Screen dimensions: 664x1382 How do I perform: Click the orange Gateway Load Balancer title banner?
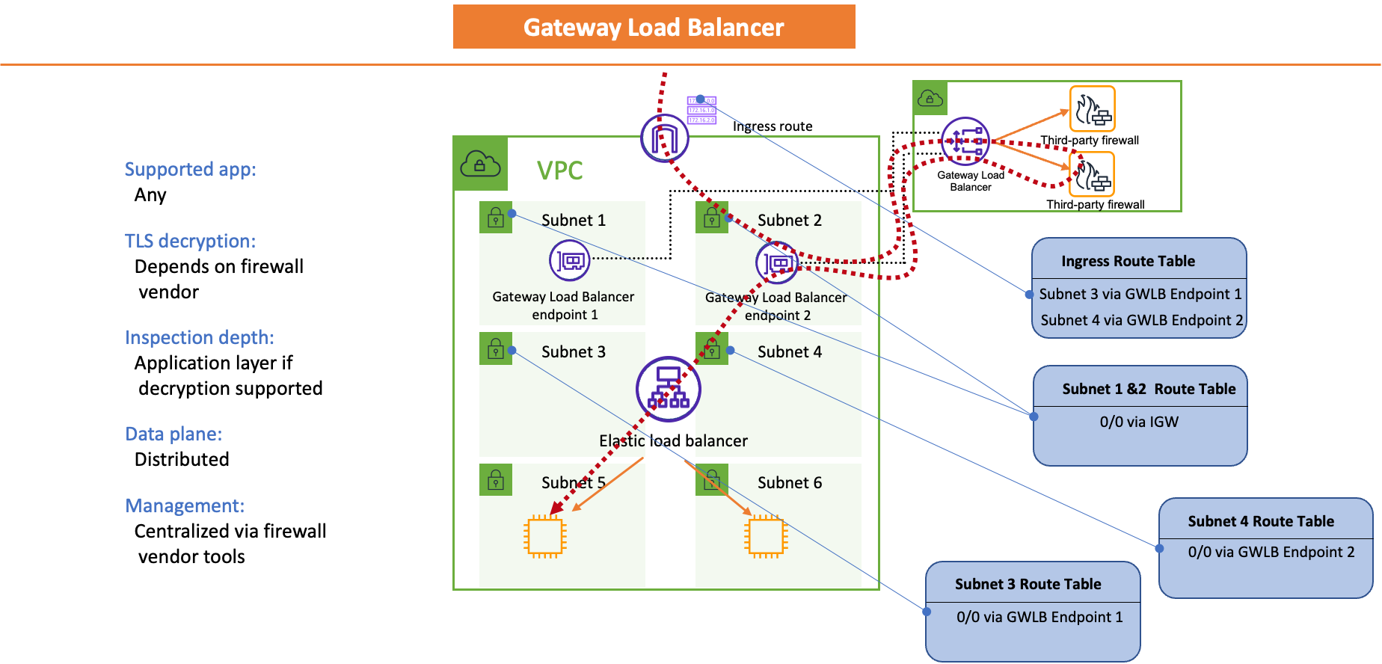pyautogui.click(x=654, y=27)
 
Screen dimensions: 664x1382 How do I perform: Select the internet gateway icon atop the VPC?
pyautogui.click(x=664, y=138)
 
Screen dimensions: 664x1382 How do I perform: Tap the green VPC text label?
pyautogui.click(x=559, y=170)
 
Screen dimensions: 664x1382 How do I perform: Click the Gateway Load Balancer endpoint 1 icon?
pyautogui.click(x=570, y=261)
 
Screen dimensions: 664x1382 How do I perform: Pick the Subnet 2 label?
pyautogui.click(x=789, y=220)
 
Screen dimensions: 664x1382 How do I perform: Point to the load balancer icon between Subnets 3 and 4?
pyautogui.click(x=668, y=389)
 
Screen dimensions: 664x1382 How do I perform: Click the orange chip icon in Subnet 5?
pyautogui.click(x=545, y=536)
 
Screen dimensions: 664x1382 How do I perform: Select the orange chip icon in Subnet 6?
pyautogui.click(x=766, y=536)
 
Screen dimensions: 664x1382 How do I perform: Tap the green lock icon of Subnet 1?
pyautogui.click(x=495, y=218)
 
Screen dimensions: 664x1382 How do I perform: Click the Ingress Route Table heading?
pyautogui.click(x=1128, y=261)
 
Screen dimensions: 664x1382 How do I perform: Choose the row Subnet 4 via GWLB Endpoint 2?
pyautogui.click(x=1141, y=320)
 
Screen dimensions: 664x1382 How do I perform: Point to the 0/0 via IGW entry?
pyautogui.click(x=1139, y=422)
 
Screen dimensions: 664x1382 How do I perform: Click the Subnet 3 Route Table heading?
pyautogui.click(x=1028, y=584)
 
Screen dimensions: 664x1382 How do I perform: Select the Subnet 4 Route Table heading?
pyautogui.click(x=1261, y=521)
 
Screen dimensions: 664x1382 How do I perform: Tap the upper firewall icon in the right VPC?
pyautogui.click(x=1092, y=109)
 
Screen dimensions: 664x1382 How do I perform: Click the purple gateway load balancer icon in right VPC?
pyautogui.click(x=965, y=141)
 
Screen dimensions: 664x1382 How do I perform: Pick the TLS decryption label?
pyautogui.click(x=190, y=241)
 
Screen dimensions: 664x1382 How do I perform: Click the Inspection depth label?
pyautogui.click(x=199, y=337)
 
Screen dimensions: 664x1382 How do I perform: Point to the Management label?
pyautogui.click(x=185, y=505)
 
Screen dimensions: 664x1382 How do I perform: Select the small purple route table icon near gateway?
pyautogui.click(x=701, y=110)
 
